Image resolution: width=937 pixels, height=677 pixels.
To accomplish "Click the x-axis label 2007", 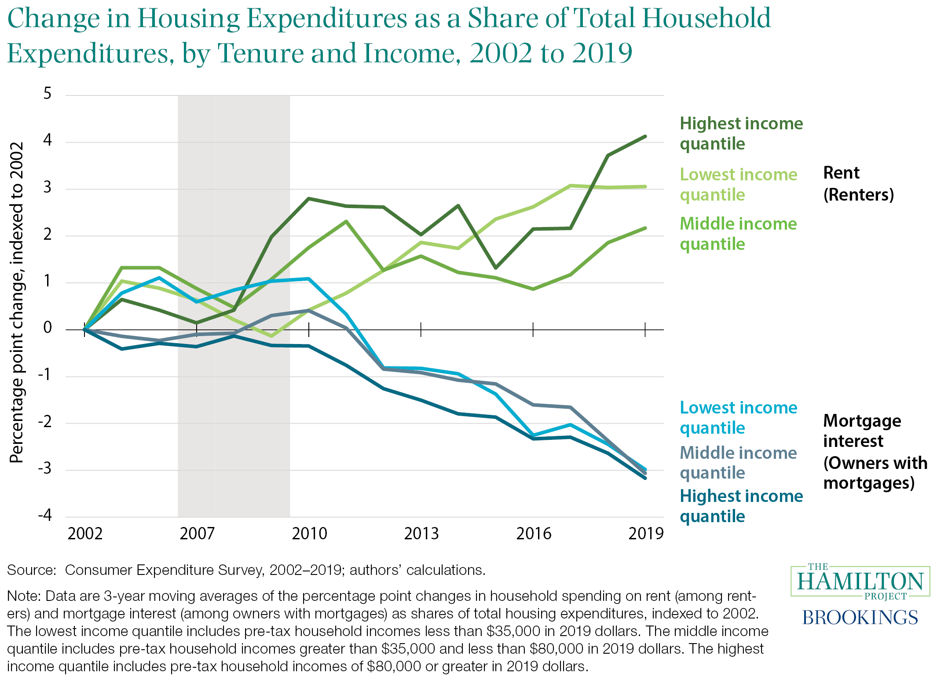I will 197,534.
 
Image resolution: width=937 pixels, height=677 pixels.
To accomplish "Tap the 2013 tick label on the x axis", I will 421,534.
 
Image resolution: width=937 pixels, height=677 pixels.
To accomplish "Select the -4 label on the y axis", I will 45,515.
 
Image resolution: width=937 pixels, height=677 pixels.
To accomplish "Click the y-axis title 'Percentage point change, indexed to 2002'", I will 17,303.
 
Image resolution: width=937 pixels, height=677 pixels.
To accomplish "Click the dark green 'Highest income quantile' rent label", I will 741,133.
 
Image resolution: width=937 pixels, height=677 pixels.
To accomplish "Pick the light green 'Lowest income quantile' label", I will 738,184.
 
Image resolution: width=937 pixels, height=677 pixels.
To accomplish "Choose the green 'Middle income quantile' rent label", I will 738,234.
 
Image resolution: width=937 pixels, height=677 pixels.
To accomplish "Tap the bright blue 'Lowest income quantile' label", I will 738,417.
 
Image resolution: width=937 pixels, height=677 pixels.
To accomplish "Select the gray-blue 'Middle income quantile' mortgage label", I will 738,462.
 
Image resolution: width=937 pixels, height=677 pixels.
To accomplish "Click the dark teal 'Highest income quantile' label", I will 741,506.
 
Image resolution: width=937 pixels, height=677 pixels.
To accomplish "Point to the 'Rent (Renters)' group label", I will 858,183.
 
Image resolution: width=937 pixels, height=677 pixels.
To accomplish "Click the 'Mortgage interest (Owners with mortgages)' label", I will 875,452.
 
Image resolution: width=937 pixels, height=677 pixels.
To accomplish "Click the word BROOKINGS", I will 860,617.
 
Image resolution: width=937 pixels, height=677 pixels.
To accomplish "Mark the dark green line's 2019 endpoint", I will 645,136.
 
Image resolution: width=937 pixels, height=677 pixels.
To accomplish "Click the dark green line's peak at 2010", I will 309,198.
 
